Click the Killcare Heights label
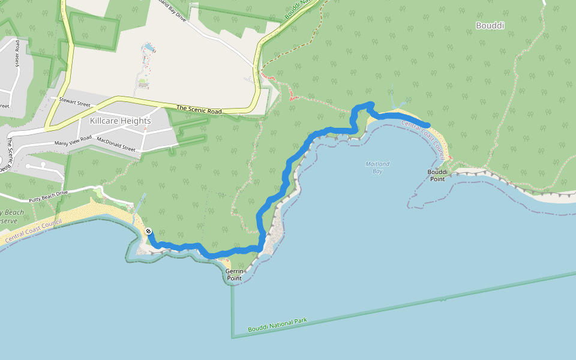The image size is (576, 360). pos(120,121)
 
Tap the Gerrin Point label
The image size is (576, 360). pos(234,275)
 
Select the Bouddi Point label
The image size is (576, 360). pos(437,175)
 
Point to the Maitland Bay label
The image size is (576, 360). pos(377,167)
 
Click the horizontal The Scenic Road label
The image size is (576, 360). pos(199,110)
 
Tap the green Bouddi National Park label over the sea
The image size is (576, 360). pos(277,325)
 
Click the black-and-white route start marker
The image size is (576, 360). pos(148,232)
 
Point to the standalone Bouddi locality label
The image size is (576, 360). pos(490,26)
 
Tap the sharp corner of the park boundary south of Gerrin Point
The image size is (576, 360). pos(232,337)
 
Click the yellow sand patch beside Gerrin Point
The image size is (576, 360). pos(226,263)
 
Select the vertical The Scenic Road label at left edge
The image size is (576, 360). pos(10,151)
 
